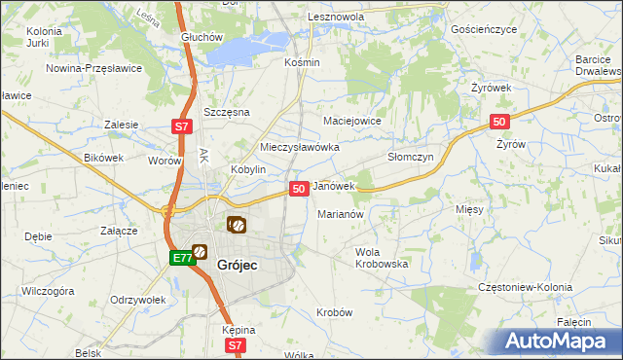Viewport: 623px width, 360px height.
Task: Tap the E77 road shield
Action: click(182, 258)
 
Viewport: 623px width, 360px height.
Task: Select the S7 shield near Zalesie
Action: click(181, 126)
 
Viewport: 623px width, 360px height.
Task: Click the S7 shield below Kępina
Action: click(235, 345)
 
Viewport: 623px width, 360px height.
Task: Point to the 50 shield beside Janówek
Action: click(299, 188)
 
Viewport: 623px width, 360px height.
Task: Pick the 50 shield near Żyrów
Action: click(498, 122)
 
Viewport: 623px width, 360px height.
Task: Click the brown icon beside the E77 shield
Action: click(200, 252)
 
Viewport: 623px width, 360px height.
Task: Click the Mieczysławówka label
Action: click(299, 147)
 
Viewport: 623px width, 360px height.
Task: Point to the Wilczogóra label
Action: click(48, 290)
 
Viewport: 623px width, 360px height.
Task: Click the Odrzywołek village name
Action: click(138, 300)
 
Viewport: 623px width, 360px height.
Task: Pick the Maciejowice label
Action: click(351, 121)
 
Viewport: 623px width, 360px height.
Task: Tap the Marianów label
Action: click(341, 214)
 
